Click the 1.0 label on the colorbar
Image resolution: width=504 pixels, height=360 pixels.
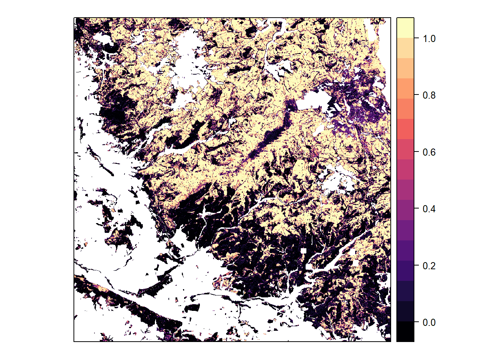coord(429,39)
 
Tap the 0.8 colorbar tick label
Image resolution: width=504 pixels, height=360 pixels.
coord(429,95)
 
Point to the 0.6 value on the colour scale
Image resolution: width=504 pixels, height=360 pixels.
coord(429,152)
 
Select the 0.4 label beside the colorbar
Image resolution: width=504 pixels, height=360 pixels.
coord(429,209)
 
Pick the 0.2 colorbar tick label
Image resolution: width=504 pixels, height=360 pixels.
coord(429,266)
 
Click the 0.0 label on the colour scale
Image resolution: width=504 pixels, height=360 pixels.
coord(429,322)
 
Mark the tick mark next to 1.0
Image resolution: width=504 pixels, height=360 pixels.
coord(416,38)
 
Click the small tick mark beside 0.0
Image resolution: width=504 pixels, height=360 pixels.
coord(416,322)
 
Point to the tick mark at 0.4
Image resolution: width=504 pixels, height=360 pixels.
coord(416,208)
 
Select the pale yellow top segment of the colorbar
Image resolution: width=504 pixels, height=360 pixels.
coord(405,28)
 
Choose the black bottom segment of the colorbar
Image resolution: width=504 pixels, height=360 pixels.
coord(405,331)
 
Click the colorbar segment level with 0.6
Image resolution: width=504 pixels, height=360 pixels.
coord(405,149)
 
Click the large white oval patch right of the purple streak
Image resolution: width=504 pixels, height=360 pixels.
coord(315,100)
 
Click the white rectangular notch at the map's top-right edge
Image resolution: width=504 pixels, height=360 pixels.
coord(372,32)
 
